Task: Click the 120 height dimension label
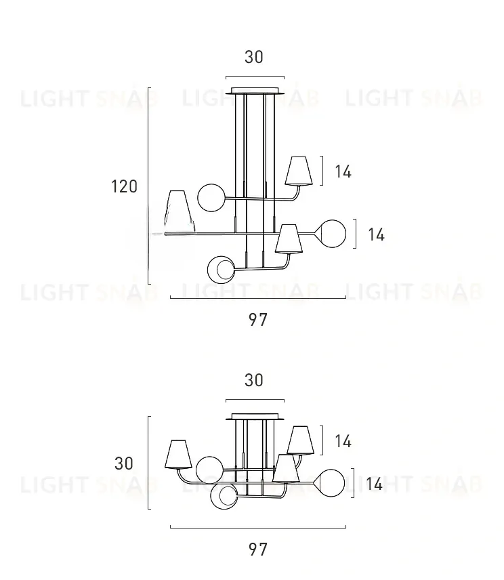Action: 124,186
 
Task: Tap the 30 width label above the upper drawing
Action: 254,57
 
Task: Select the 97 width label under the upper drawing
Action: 257,320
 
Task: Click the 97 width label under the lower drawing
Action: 257,550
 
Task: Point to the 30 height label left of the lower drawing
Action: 124,463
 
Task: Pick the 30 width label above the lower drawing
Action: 254,380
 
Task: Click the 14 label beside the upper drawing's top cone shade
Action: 343,171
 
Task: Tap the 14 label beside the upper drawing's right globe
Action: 376,234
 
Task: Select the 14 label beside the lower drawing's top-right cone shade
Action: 343,441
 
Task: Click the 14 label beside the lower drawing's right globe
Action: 374,484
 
